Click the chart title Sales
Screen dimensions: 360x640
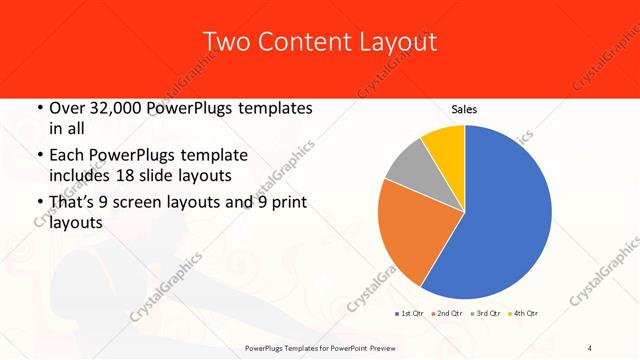(464, 108)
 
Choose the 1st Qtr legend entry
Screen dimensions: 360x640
(409, 314)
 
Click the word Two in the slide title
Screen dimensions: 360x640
(225, 42)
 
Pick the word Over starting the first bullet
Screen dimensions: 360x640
(68, 107)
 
